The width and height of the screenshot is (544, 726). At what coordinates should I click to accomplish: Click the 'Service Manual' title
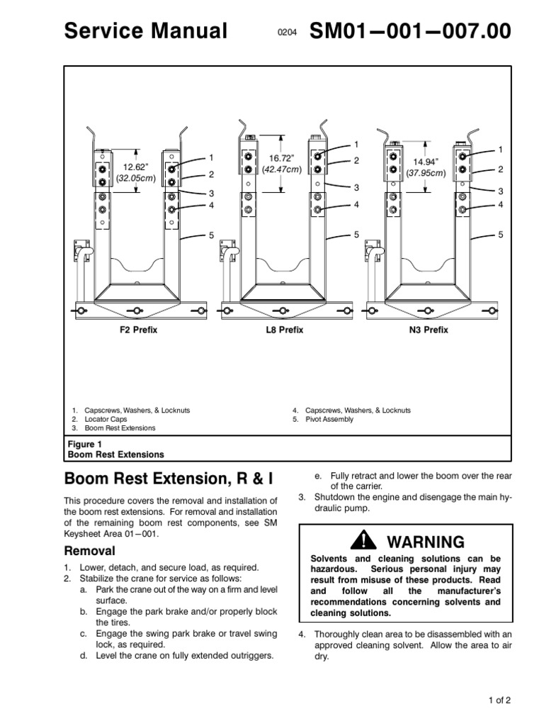coord(146,30)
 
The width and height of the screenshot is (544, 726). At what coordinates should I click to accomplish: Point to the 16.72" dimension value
coord(281,159)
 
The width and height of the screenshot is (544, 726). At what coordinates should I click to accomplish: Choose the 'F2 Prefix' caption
coord(137,331)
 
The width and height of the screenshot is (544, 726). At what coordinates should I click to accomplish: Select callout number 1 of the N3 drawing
coord(500,150)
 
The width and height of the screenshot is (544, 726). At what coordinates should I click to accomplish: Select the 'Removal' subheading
coord(90,550)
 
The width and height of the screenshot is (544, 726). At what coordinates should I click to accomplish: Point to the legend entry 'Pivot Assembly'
coord(329,420)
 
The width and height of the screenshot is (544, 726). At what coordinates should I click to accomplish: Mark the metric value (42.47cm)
coord(282,169)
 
